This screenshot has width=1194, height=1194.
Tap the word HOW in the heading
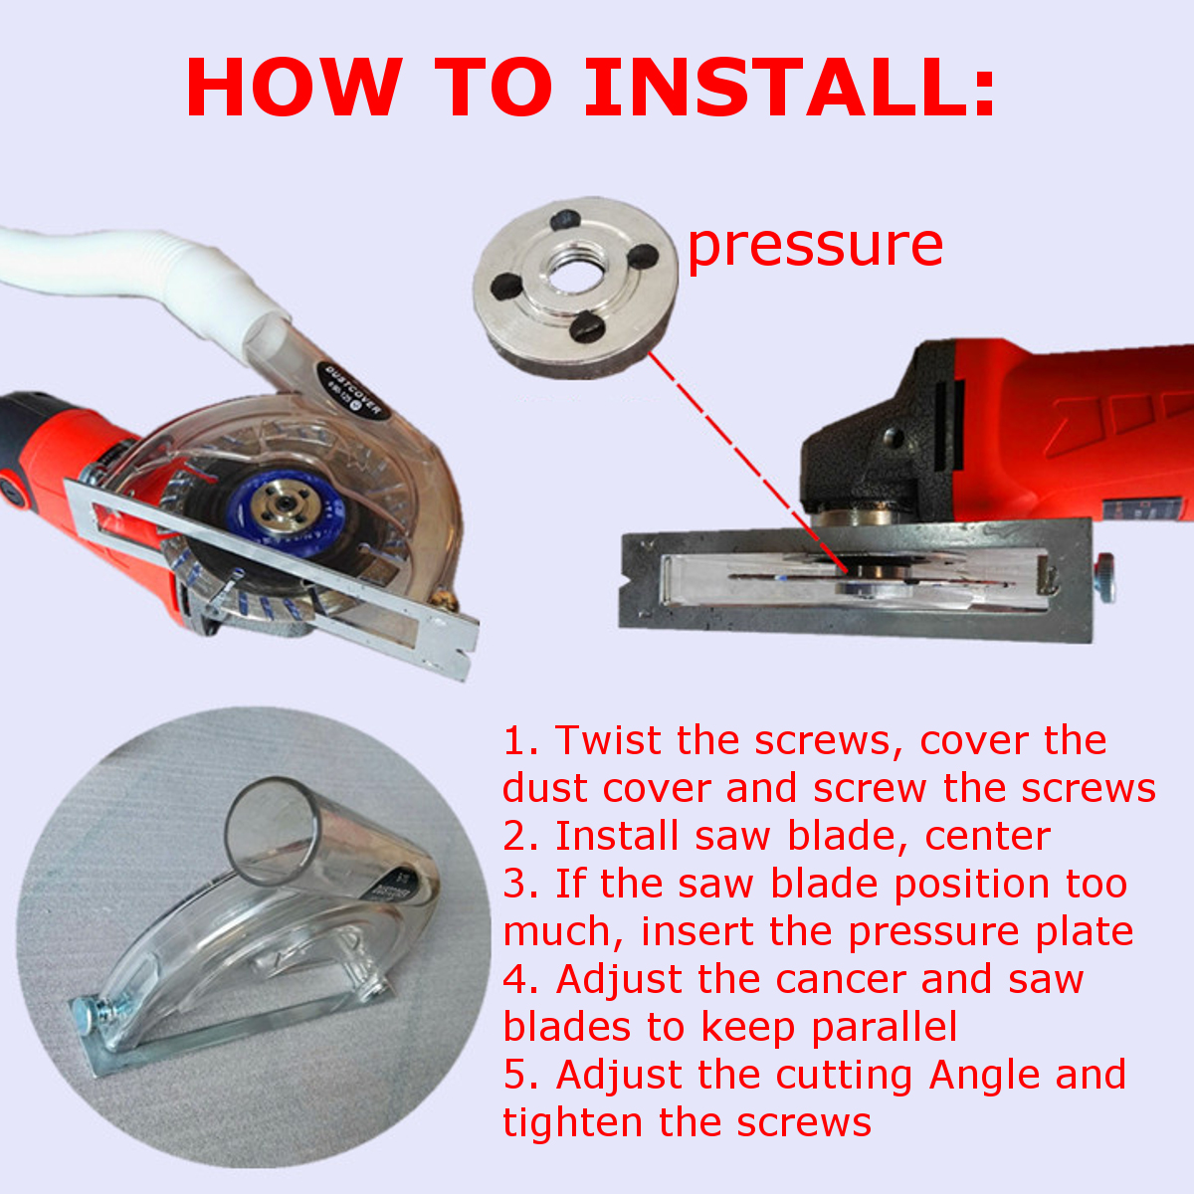click(x=294, y=87)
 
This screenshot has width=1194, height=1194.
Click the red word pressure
click(x=815, y=246)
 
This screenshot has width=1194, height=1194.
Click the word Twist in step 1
click(x=608, y=740)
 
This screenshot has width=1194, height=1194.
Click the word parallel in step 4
click(x=885, y=1026)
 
